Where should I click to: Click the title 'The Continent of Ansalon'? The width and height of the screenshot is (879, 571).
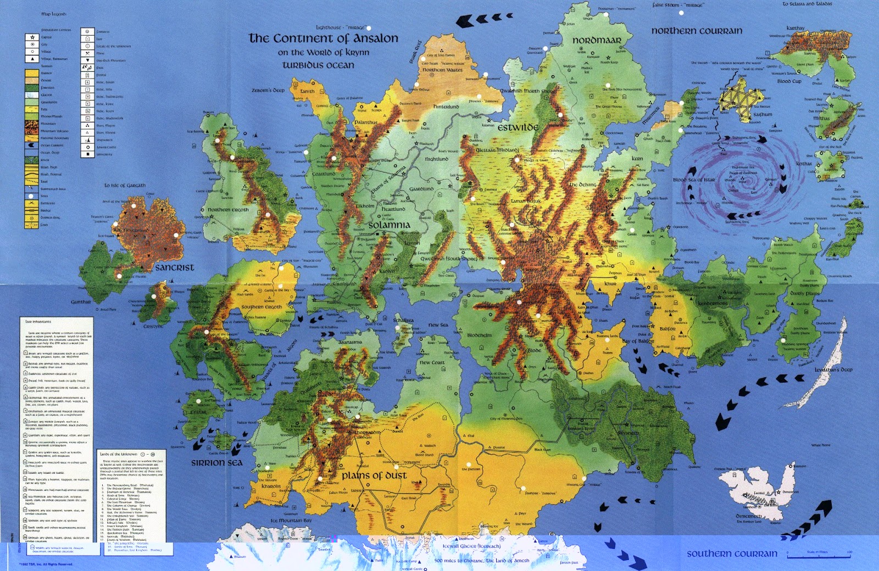pyautogui.click(x=323, y=38)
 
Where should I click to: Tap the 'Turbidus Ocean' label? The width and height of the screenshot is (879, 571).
pyautogui.click(x=318, y=65)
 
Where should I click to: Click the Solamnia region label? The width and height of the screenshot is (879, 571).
pyautogui.click(x=389, y=225)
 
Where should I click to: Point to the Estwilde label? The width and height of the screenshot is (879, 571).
pyautogui.click(x=518, y=127)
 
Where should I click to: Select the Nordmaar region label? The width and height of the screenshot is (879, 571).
pyautogui.click(x=597, y=40)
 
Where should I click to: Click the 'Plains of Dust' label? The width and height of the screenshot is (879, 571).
pyautogui.click(x=374, y=475)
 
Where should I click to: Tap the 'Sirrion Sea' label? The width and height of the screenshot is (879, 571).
pyautogui.click(x=216, y=463)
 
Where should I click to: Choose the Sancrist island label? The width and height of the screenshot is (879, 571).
pyautogui.click(x=175, y=267)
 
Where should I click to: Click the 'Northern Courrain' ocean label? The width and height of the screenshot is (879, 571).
pyautogui.click(x=697, y=31)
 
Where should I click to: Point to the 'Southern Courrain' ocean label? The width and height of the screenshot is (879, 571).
pyautogui.click(x=732, y=554)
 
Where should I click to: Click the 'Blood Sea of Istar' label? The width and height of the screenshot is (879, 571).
pyautogui.click(x=694, y=180)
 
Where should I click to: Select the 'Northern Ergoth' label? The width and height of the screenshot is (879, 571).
pyautogui.click(x=228, y=210)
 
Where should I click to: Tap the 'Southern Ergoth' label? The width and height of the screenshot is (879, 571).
pyautogui.click(x=262, y=307)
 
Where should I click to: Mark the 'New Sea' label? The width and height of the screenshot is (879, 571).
pyautogui.click(x=438, y=325)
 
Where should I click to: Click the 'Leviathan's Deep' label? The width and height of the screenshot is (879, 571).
pyautogui.click(x=833, y=370)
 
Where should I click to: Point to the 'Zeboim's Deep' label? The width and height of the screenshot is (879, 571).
pyautogui.click(x=268, y=90)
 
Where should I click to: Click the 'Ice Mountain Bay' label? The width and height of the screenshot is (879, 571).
pyautogui.click(x=291, y=520)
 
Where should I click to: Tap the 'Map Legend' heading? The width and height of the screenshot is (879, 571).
pyautogui.click(x=54, y=14)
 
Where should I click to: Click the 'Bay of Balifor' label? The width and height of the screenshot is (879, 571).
pyautogui.click(x=638, y=341)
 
